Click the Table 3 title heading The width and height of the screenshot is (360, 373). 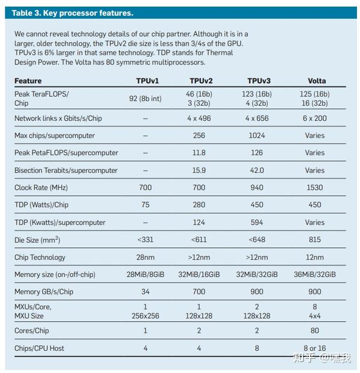pos(73,13)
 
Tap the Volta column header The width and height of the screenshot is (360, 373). pos(317,80)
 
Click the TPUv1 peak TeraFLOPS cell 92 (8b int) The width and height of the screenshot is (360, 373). pos(145,98)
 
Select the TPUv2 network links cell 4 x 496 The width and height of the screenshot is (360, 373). pos(199,118)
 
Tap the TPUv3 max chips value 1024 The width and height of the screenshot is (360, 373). pos(257,136)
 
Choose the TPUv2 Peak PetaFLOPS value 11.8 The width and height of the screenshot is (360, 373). pos(199,153)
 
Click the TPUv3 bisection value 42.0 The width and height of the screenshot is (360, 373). pos(257,171)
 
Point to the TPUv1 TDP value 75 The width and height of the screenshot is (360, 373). pos(145,205)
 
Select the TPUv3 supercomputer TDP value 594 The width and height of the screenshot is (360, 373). pos(257,222)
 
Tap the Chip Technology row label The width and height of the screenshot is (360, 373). pos(40,257)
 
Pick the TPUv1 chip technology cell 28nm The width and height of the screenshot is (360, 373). pos(145,257)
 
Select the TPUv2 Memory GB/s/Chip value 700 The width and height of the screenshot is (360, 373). pos(199,292)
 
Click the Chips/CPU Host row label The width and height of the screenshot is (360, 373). pos(39,348)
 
